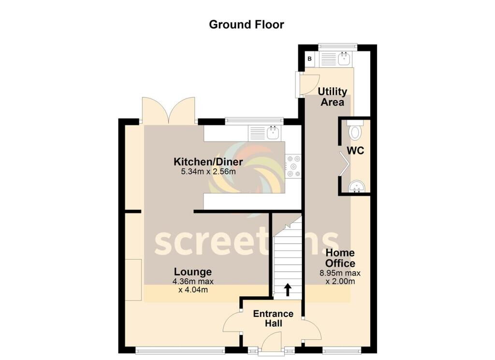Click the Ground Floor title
(246, 25)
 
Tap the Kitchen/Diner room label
(208, 162)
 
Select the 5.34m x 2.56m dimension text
(208, 172)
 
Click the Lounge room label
(193, 272)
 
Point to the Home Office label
(340, 258)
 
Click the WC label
(355, 151)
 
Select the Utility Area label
(332, 97)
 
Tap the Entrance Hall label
(273, 318)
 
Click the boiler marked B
(310, 58)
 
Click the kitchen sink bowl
(273, 133)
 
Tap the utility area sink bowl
(344, 58)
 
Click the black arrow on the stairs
(288, 289)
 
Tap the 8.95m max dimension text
(340, 273)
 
